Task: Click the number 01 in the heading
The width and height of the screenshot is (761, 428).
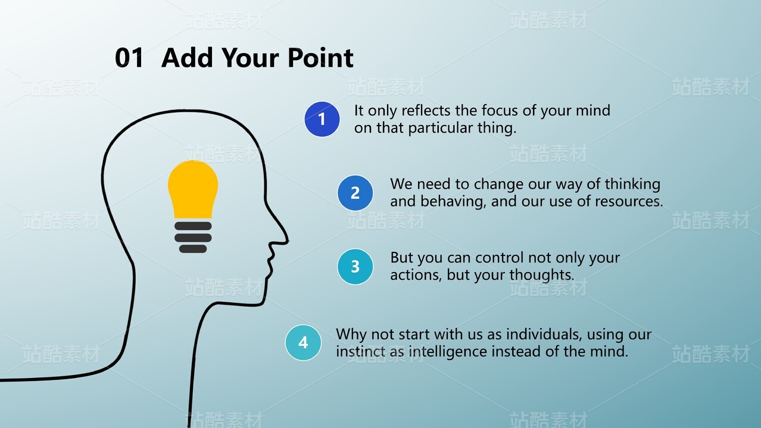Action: (x=129, y=57)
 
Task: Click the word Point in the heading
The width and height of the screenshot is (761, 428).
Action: (x=320, y=57)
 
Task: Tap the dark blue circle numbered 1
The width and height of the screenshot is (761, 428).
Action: (x=322, y=119)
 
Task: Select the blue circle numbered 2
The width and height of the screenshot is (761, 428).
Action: (x=355, y=193)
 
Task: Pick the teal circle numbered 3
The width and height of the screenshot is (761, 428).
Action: (x=355, y=267)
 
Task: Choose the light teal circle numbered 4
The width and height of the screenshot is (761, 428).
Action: (x=303, y=343)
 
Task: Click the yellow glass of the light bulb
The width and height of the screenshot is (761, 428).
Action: (x=193, y=189)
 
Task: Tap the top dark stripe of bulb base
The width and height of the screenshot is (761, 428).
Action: (x=193, y=226)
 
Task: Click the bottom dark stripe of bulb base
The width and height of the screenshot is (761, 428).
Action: (x=193, y=249)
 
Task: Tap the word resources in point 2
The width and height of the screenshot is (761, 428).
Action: (x=628, y=202)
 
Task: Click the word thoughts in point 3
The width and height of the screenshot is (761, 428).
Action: (x=542, y=276)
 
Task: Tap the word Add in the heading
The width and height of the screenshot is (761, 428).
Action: (x=187, y=57)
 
